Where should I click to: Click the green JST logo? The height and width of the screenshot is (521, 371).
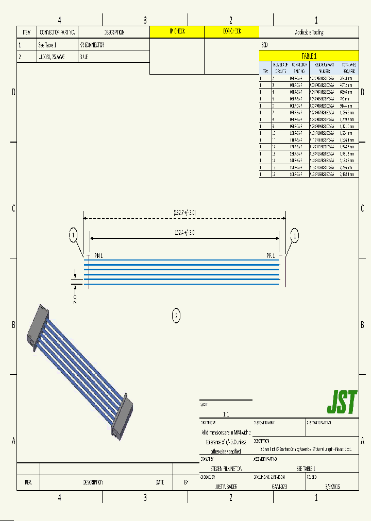(342, 403)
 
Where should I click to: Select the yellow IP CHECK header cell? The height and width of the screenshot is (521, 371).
(177, 32)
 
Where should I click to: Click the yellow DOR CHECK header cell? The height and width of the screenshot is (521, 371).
(231, 32)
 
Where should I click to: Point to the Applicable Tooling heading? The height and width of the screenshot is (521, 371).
(309, 32)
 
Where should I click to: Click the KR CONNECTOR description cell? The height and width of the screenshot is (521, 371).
(92, 45)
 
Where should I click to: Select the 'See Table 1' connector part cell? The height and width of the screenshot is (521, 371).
(47, 45)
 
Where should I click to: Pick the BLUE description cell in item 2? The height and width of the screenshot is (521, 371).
(84, 57)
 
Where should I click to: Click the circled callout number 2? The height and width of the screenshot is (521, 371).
(176, 315)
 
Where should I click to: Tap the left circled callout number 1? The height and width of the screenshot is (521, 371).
(74, 236)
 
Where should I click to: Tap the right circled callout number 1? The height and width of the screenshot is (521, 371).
(295, 236)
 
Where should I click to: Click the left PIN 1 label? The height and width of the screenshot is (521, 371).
(98, 255)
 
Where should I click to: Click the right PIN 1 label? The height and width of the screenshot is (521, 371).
(271, 255)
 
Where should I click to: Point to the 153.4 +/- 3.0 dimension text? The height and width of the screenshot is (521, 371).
(184, 233)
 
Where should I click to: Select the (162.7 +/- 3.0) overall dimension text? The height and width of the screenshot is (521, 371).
(184, 212)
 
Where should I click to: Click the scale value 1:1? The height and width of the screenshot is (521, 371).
(226, 414)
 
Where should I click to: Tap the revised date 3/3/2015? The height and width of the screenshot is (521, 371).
(332, 486)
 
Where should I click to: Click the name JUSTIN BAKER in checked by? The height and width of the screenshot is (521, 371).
(226, 486)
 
